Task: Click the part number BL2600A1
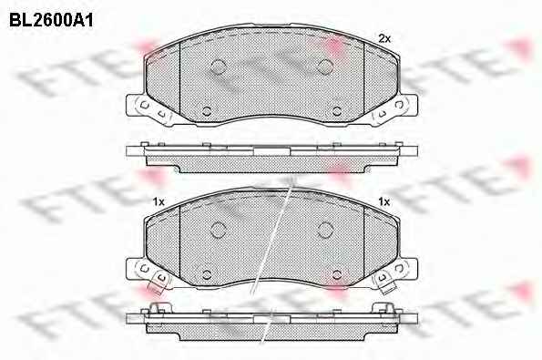click(x=51, y=21)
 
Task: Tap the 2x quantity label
click(x=384, y=38)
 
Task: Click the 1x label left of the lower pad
click(x=159, y=201)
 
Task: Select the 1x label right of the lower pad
click(x=384, y=201)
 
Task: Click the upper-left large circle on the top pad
click(x=218, y=67)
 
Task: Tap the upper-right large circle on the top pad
click(x=325, y=67)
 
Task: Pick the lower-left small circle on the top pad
click(x=207, y=111)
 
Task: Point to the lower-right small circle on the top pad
click(x=337, y=111)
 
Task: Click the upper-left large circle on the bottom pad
click(x=218, y=230)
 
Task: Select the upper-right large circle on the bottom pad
click(x=325, y=230)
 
